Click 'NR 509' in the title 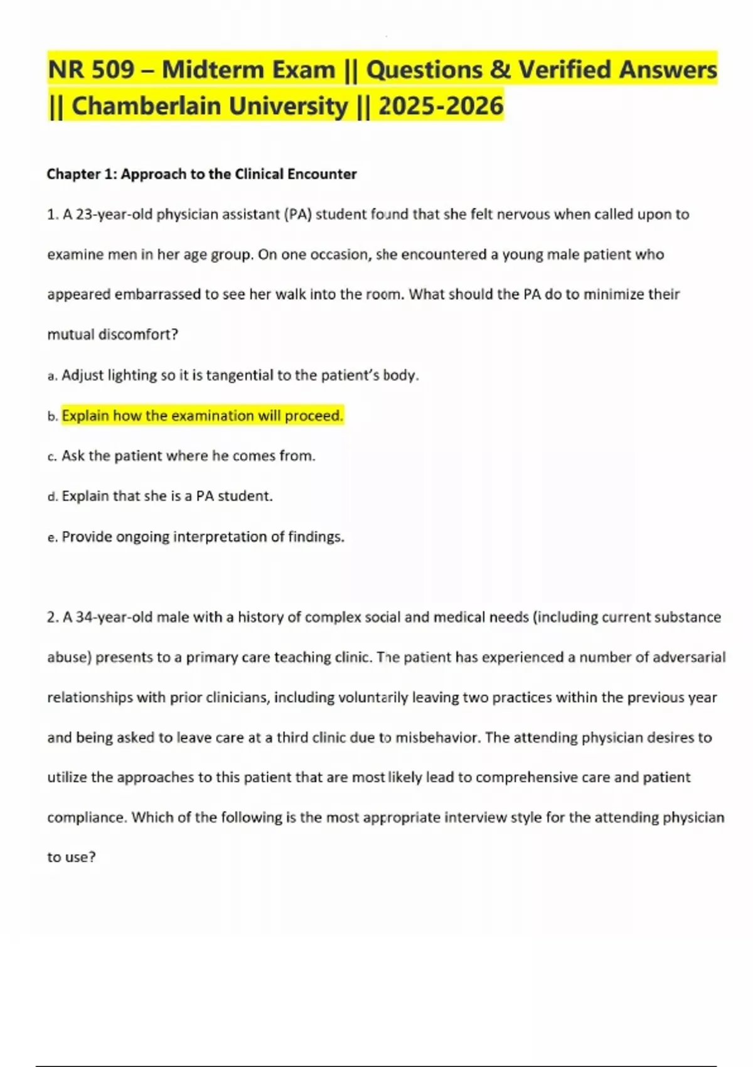90,70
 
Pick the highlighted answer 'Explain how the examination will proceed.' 203,416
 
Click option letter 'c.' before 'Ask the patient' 53,457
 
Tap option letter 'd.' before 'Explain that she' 53,497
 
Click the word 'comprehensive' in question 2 524,778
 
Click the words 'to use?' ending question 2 72,857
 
